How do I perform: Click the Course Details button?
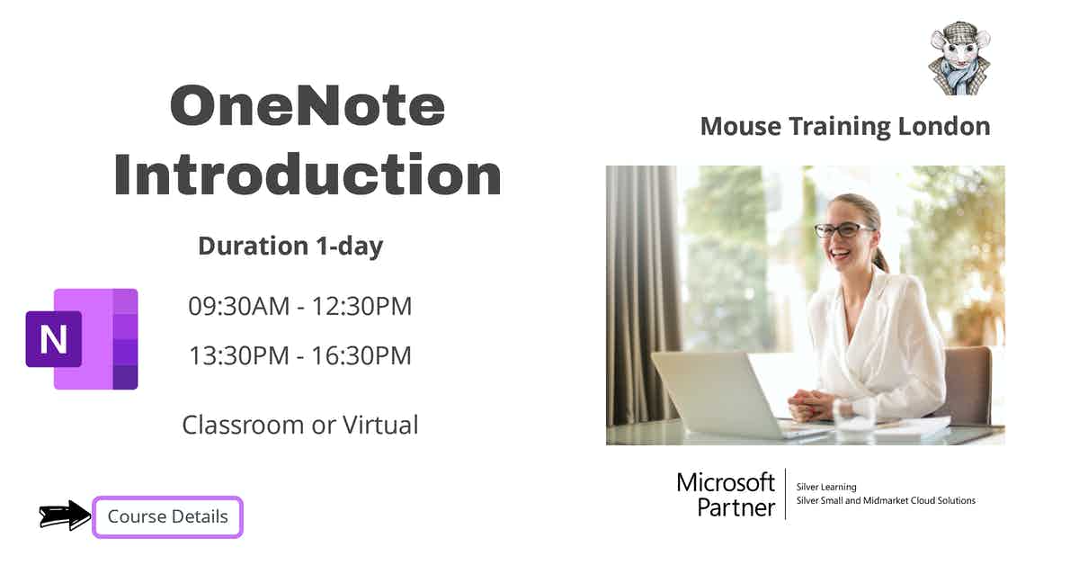click(x=168, y=517)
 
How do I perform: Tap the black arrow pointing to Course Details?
click(x=66, y=516)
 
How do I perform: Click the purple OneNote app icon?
click(x=83, y=339)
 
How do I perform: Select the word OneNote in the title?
click(x=307, y=106)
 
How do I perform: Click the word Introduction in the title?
click(x=307, y=175)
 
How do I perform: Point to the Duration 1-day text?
click(x=290, y=246)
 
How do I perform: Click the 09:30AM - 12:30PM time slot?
click(x=299, y=306)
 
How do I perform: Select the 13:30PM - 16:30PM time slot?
click(x=299, y=355)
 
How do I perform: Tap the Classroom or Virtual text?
click(x=299, y=424)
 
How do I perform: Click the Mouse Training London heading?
click(x=844, y=126)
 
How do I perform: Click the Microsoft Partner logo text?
click(x=726, y=494)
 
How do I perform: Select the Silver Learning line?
click(x=826, y=487)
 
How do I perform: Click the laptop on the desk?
click(x=719, y=394)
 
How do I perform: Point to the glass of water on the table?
click(x=853, y=416)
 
